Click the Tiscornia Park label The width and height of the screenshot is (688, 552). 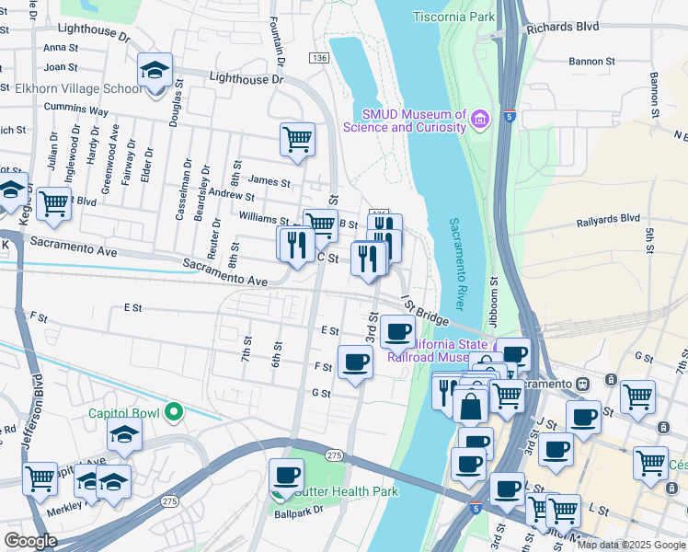point(453,17)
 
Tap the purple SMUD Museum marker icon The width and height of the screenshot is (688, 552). point(478,120)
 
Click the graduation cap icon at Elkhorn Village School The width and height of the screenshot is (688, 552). point(155,69)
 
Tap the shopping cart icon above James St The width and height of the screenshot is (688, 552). point(297,140)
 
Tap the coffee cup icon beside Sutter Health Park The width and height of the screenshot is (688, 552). point(286,476)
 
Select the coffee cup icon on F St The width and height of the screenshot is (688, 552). point(355,362)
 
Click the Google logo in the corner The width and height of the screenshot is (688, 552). point(30,541)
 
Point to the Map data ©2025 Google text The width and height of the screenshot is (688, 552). point(631,545)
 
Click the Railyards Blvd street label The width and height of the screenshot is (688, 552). point(607,219)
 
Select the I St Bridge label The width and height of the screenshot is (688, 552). point(424,312)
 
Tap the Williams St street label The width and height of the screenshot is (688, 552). point(264,219)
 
